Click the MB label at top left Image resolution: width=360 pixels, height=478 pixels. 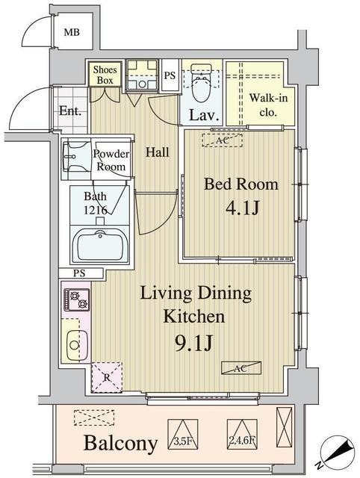point(72,32)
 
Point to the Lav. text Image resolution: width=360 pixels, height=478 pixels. point(202,116)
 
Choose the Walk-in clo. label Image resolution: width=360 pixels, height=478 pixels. point(263,105)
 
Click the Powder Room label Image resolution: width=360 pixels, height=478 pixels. point(111,160)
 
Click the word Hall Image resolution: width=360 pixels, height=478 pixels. point(157,152)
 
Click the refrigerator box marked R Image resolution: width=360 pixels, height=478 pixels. point(106,376)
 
